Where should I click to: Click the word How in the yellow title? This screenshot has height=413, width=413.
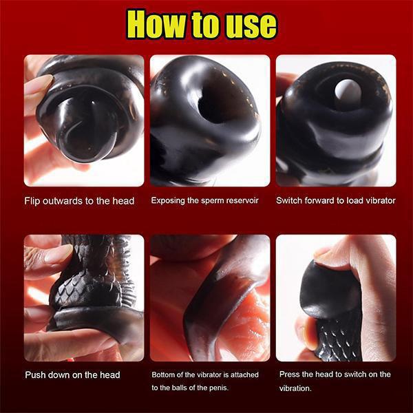[x=158, y=24]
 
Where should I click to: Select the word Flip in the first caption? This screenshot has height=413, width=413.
[x=32, y=201]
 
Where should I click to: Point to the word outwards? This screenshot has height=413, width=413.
[x=63, y=201]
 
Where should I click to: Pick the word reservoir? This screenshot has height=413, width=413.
[x=242, y=201]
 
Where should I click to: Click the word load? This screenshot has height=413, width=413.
[x=354, y=201]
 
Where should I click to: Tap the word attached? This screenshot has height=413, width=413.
[x=244, y=375]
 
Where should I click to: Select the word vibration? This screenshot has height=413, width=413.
[x=295, y=388]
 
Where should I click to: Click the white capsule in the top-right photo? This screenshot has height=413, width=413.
[x=347, y=92]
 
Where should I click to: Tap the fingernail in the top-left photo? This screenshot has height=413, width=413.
[x=39, y=84]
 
